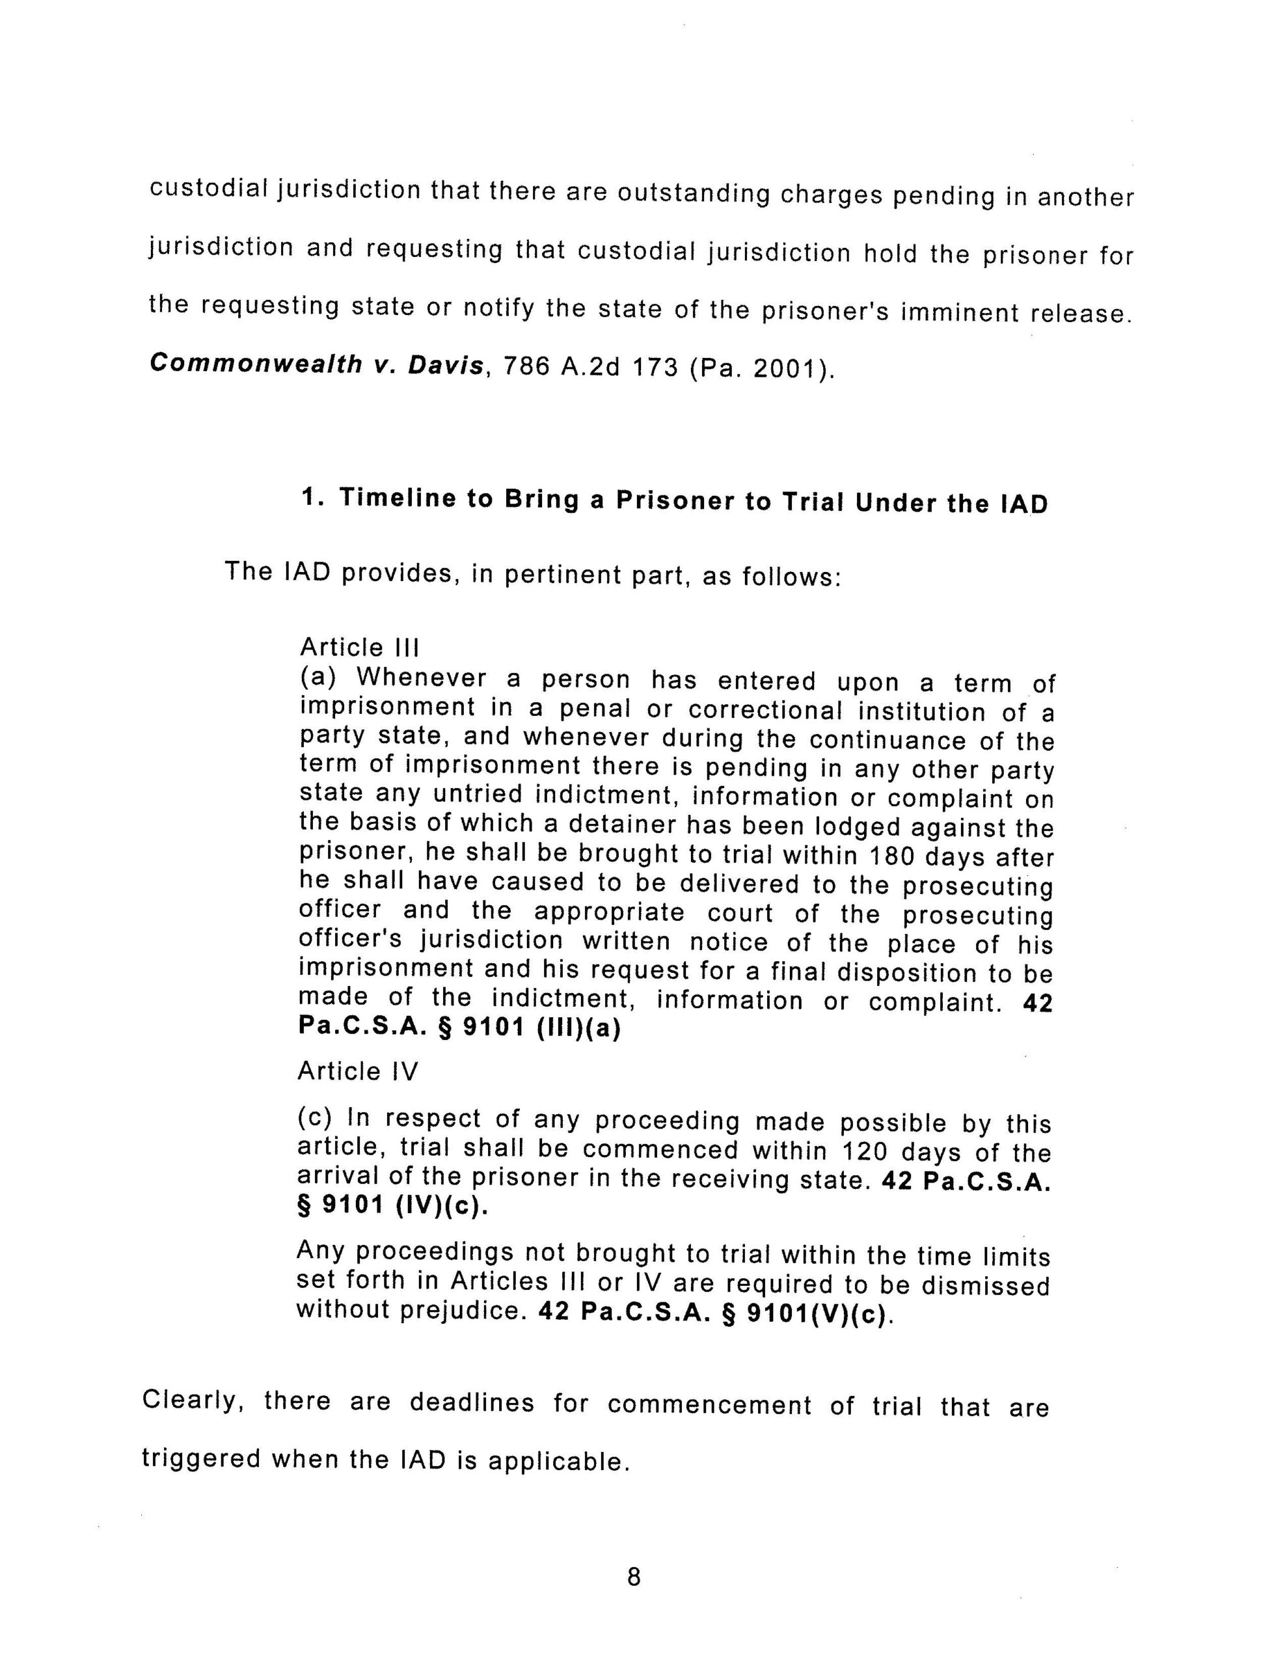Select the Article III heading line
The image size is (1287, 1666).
pyautogui.click(x=359, y=648)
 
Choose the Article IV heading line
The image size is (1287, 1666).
pyautogui.click(x=358, y=1072)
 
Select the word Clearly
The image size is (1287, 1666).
pyautogui.click(x=192, y=1400)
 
